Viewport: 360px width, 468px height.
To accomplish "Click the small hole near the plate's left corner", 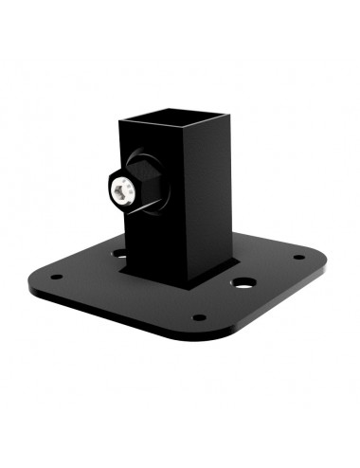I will click(x=56, y=278).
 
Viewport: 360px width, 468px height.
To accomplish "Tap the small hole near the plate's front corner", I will click(x=198, y=317).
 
